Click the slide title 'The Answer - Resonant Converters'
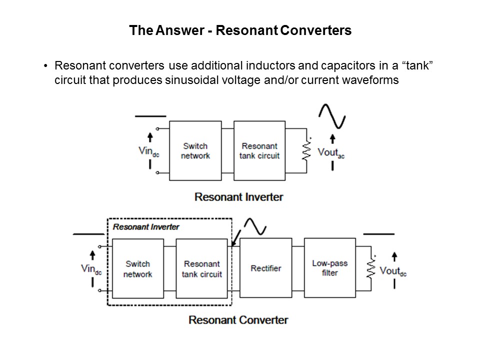[x=240, y=30]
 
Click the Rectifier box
[x=265, y=268]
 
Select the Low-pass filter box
[x=329, y=268]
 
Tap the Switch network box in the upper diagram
[x=196, y=150]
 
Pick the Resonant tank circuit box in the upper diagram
[x=259, y=150]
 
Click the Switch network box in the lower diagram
[x=138, y=268]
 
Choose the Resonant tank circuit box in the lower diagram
[x=202, y=268]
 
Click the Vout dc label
[x=392, y=270]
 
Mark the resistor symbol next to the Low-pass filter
[x=371, y=268]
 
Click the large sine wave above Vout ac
[x=332, y=115]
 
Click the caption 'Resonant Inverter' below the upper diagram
[x=238, y=196]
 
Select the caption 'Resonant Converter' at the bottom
[x=238, y=319]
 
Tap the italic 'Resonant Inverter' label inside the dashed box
[x=146, y=226]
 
